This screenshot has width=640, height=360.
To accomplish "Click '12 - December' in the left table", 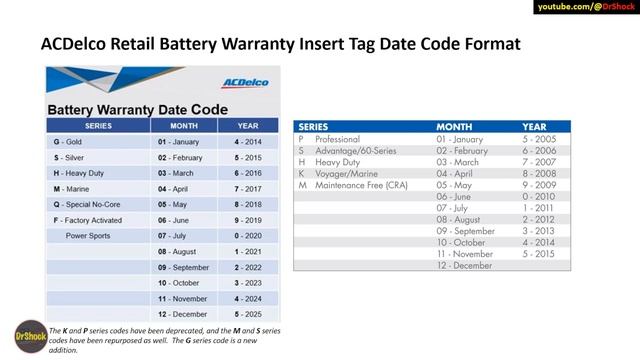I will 181,314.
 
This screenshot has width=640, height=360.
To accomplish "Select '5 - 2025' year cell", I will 248,314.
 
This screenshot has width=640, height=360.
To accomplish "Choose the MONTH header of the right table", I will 456,127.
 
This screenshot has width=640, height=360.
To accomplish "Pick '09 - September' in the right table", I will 466,231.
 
